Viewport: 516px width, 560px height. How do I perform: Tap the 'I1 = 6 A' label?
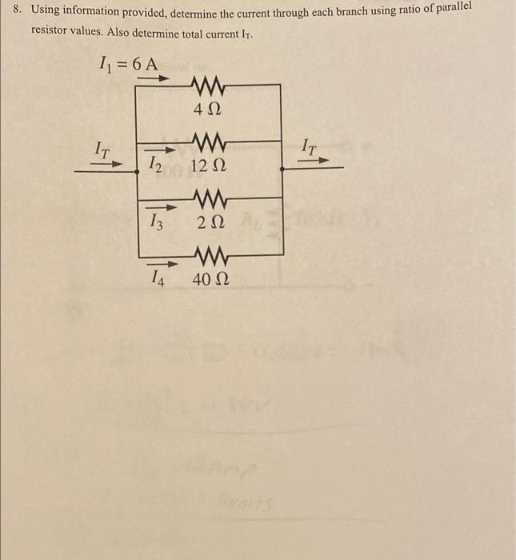point(126,63)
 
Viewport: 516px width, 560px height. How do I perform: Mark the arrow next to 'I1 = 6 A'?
point(157,78)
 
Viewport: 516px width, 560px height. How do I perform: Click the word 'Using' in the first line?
point(46,11)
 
